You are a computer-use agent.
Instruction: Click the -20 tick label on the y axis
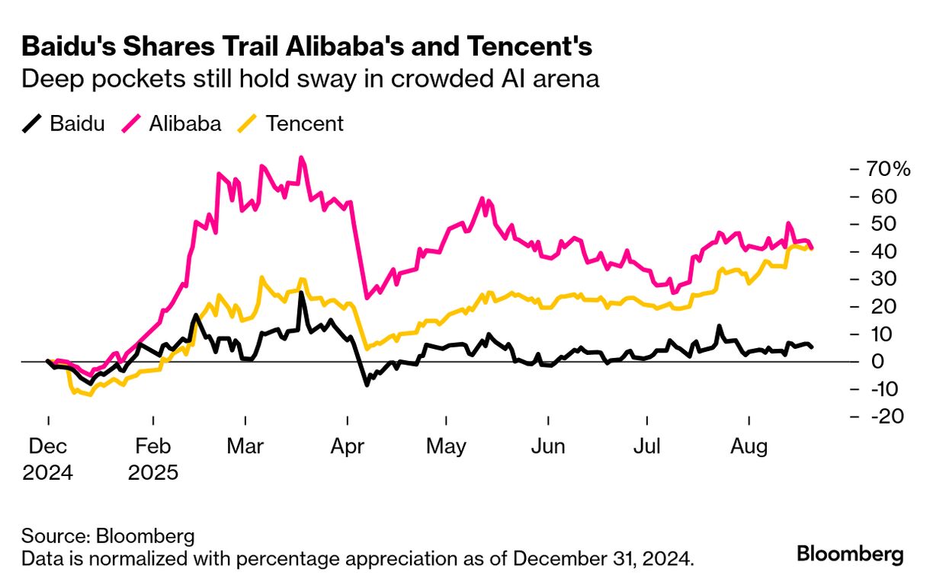[883, 417]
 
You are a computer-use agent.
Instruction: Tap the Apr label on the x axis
[347, 446]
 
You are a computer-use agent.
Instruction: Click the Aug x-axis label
[749, 446]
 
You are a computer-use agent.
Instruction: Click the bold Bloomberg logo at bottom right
[850, 554]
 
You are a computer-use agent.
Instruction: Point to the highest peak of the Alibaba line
[301, 158]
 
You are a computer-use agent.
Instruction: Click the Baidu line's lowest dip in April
[367, 385]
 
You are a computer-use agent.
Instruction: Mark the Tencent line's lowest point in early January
[90, 395]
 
